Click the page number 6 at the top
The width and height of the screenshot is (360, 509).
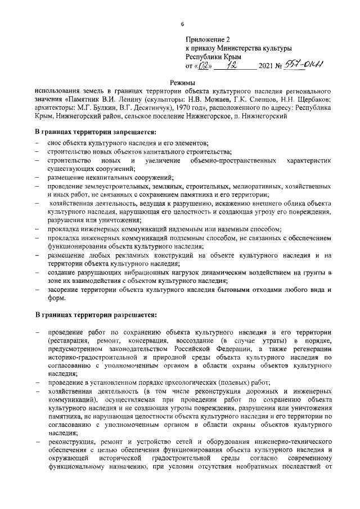[x=182, y=24]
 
